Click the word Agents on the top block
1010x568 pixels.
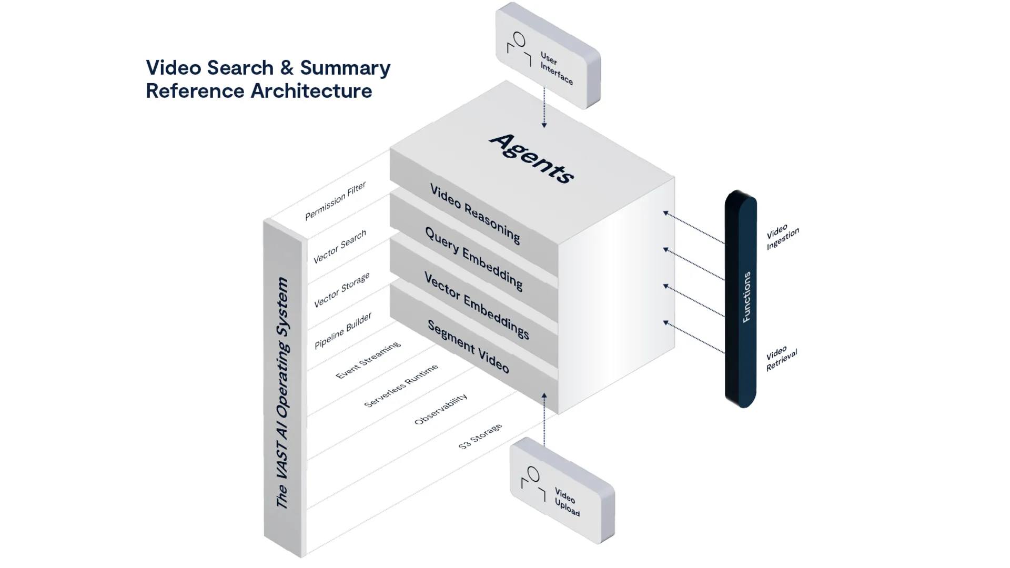pos(531,158)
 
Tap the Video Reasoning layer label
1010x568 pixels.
pos(475,214)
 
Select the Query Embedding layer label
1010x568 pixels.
pos(473,258)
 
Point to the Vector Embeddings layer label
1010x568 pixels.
pos(476,306)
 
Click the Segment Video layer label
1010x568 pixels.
pos(468,347)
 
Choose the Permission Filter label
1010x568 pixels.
pos(335,201)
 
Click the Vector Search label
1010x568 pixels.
pos(339,247)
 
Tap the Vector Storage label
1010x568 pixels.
pos(341,290)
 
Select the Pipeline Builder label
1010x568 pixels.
pos(342,330)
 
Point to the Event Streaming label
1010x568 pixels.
pos(368,360)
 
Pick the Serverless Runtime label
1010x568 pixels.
pos(401,386)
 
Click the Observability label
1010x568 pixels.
pos(440,409)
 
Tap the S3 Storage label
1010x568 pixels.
pos(480,437)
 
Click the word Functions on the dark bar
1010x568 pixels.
pos(746,297)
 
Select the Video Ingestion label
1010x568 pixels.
pos(782,237)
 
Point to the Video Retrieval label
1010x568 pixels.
pos(781,359)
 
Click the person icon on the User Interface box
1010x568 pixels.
pos(519,48)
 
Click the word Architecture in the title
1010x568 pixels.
pos(311,91)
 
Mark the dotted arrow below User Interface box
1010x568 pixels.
pos(544,108)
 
